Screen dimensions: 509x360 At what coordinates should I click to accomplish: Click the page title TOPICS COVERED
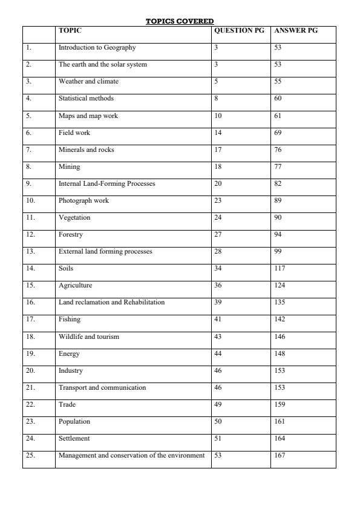click(180, 21)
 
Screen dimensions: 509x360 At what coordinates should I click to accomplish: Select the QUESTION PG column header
click(239, 30)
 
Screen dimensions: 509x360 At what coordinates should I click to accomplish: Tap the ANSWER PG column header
click(296, 30)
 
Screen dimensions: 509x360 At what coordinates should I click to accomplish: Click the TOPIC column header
click(70, 30)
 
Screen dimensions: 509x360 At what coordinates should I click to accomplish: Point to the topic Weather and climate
click(88, 81)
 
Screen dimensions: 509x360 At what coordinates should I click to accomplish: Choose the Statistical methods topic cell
click(86, 98)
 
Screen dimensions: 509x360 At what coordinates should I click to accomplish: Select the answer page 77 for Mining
click(278, 166)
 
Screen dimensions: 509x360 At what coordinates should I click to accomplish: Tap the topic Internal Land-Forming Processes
click(106, 183)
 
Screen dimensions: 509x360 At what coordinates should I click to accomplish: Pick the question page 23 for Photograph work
click(218, 200)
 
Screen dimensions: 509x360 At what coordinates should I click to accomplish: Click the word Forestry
click(71, 234)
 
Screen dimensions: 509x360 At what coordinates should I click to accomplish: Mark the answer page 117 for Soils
click(280, 268)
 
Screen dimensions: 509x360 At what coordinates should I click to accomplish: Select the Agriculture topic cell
click(76, 285)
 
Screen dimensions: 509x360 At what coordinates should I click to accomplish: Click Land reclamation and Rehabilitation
click(111, 302)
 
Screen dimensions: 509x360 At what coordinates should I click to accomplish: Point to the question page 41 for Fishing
click(218, 319)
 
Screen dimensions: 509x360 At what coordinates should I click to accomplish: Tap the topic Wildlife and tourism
click(89, 337)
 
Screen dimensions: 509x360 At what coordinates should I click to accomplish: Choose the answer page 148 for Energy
click(280, 353)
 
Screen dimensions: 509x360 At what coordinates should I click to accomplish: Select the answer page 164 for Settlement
click(280, 438)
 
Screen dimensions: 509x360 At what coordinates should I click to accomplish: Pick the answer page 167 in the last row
click(280, 455)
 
